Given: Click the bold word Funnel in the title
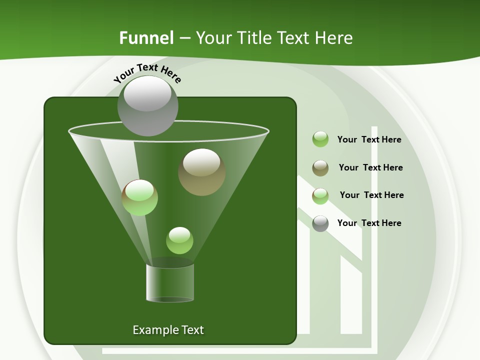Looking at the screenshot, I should (146, 38).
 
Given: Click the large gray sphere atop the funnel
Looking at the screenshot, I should (147, 106).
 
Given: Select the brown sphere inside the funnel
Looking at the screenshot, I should (201, 172).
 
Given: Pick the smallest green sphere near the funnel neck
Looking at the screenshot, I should (179, 240).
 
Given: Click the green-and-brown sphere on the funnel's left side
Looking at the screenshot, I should (139, 197).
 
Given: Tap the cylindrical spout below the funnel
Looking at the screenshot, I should (170, 283).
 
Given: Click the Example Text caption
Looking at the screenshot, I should (168, 330).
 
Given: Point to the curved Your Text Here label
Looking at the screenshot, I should (147, 73).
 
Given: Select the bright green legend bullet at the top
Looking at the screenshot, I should (320, 139).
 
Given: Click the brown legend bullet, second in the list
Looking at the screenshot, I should (320, 168).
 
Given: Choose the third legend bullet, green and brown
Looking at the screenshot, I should (320, 196).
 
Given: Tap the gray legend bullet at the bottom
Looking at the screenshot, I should (320, 223).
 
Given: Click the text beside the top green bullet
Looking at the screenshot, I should (369, 139).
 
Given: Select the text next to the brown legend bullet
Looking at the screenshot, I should (370, 167).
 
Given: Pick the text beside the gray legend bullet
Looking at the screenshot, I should (369, 223).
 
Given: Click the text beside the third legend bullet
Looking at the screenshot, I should (371, 195).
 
